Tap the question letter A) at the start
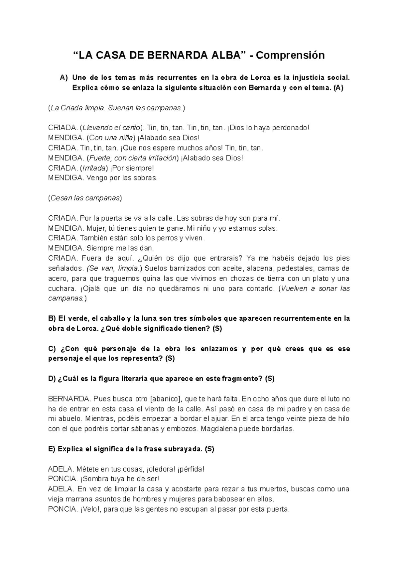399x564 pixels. pyautogui.click(x=64, y=78)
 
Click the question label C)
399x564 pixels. pyautogui.click(x=53, y=349)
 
